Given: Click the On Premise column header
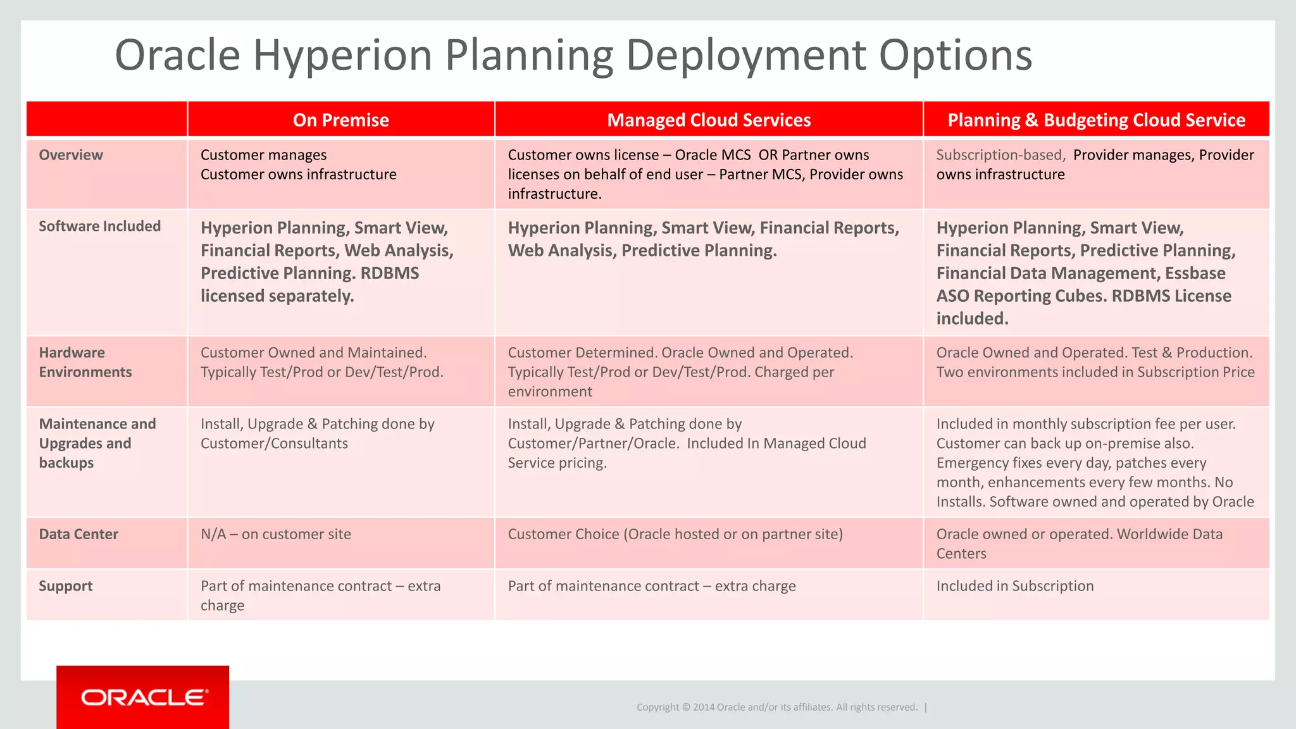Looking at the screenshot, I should coord(340,120).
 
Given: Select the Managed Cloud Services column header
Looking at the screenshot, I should coord(709,120).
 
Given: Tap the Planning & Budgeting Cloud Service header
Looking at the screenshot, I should coord(1096,120).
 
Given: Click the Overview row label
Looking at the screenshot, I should coord(71,155).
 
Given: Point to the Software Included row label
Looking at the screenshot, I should coord(100,226).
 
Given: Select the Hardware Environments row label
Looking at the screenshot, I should coord(85,362).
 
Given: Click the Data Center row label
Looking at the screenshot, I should coord(78,534).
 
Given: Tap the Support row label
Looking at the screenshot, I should coord(66,586).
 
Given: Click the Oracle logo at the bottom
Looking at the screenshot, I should coord(143,697).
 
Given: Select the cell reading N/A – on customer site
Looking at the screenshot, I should coord(276,534).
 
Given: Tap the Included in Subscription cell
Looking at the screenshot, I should coord(1015,586).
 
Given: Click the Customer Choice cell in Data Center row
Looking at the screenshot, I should coord(675,534).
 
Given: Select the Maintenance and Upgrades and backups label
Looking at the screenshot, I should coord(97,443).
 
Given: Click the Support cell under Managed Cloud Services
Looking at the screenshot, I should coord(652,586).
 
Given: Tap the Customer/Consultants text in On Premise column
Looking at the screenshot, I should coord(274,444).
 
